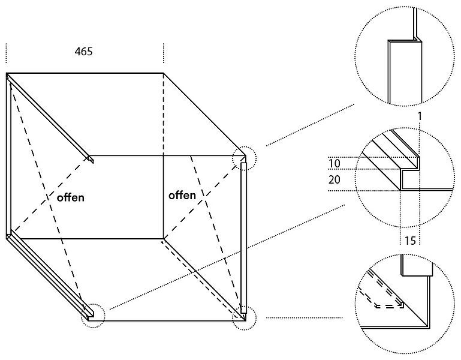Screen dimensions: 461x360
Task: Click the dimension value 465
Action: coord(83,52)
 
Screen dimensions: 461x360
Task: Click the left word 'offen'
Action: coord(71,197)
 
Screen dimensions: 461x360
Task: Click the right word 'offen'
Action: coord(182,195)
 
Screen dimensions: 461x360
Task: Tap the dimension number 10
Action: coord(334,163)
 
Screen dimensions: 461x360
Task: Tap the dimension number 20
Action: coord(335,179)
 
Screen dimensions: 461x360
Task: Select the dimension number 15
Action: coord(410,241)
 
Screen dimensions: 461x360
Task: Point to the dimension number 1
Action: coord(420,116)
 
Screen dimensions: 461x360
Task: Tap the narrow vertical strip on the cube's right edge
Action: coord(243,238)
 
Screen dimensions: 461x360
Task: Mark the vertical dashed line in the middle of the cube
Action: coord(164,114)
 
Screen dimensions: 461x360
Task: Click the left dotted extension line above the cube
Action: coord(6,53)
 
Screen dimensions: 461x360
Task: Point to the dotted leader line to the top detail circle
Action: coord(310,125)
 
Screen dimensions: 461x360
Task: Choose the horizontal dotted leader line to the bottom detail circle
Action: coord(305,318)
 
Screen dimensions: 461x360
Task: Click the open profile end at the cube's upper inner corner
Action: coord(91,159)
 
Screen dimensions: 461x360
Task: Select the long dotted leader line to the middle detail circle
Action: coord(227,257)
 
